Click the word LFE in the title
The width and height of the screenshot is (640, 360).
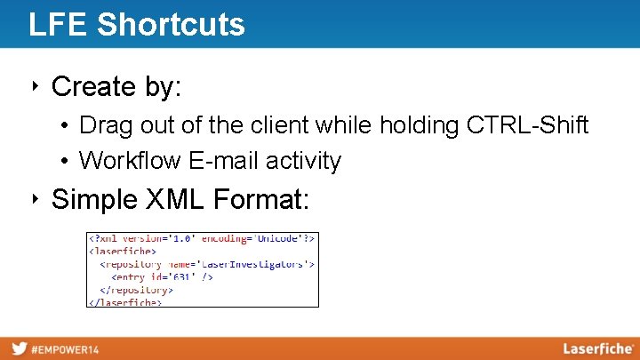click(x=59, y=24)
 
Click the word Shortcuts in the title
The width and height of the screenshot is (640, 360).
click(x=171, y=24)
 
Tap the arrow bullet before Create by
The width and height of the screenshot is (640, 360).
click(x=36, y=86)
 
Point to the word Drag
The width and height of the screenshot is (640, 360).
click(x=104, y=125)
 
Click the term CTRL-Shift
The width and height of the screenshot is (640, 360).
click(x=527, y=125)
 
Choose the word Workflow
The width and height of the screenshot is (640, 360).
click(x=128, y=161)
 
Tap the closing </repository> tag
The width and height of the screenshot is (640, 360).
click(x=136, y=290)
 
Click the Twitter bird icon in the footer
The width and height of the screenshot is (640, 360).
click(x=19, y=348)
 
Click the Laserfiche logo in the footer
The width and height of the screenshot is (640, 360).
click(x=597, y=348)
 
